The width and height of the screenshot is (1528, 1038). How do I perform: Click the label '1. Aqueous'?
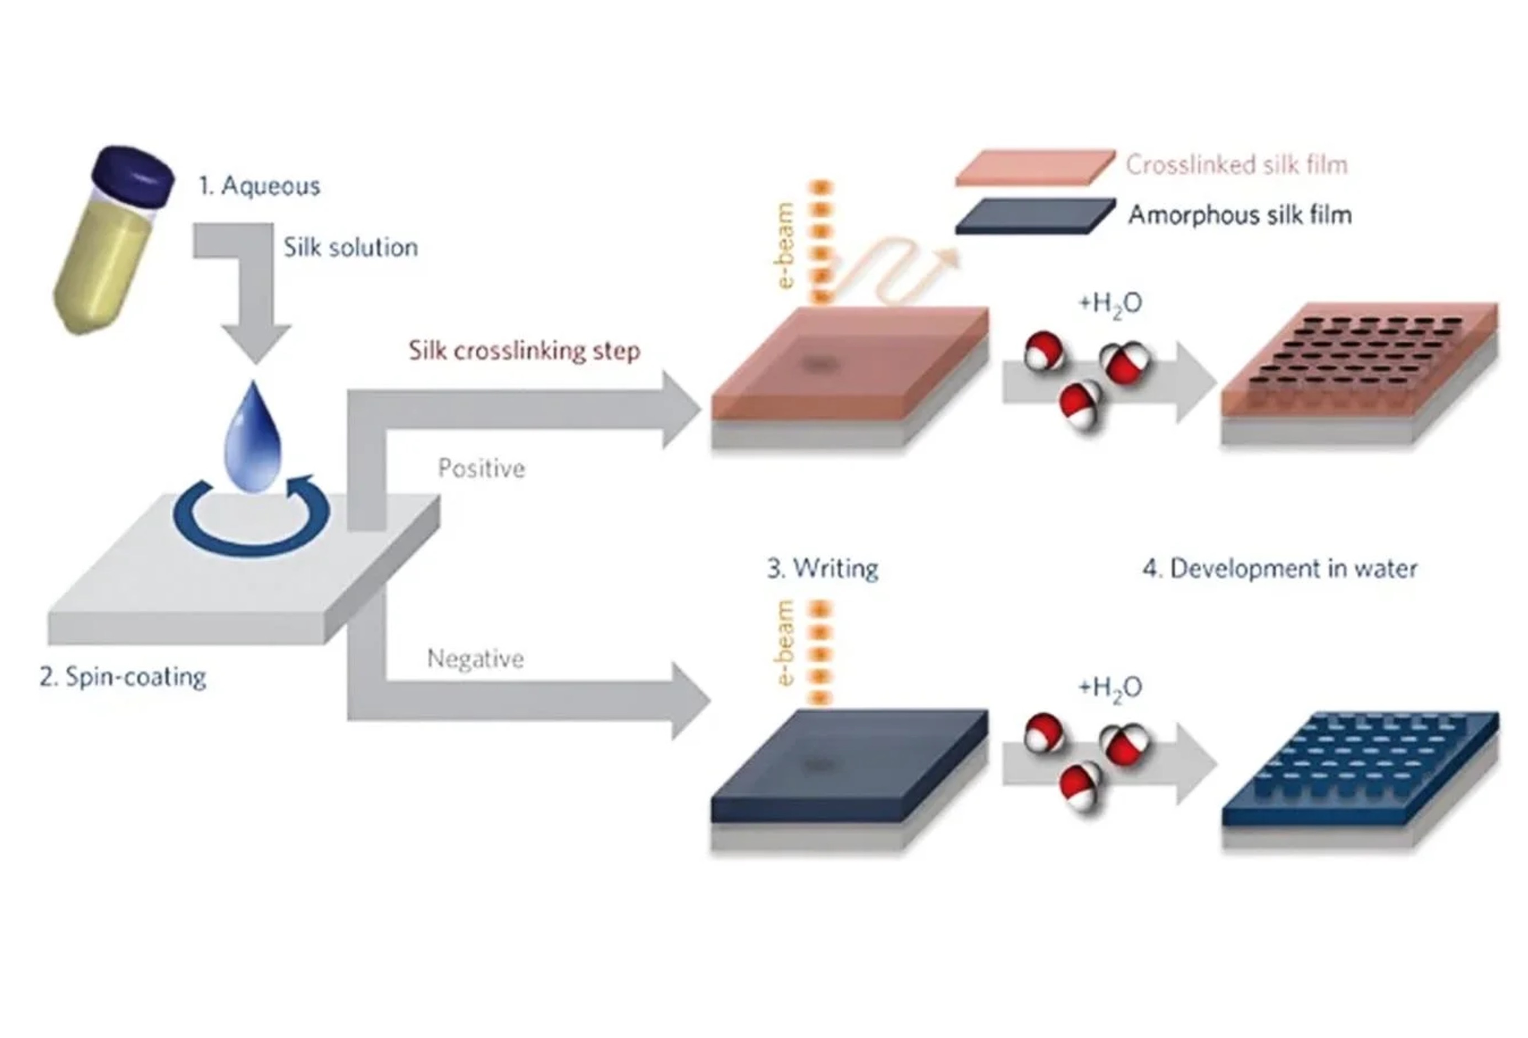point(259,186)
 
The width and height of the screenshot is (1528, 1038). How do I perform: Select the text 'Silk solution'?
point(351,248)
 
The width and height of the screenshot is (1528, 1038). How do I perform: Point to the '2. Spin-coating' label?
point(123,677)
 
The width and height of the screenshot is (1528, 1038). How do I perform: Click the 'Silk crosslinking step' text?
point(524,351)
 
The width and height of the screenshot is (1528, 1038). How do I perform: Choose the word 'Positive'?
point(481,468)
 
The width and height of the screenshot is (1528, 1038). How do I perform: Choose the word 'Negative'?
point(475,658)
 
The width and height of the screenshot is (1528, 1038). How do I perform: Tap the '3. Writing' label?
point(823,568)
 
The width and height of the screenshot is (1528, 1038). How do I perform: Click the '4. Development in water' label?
point(1280,568)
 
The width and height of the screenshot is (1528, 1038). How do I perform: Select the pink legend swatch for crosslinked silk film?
point(1035,167)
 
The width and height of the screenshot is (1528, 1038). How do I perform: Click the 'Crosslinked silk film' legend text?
point(1236,165)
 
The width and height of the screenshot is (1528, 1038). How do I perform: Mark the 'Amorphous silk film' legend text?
point(1239,215)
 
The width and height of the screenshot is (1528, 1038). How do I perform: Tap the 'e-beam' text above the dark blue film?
point(785,642)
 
